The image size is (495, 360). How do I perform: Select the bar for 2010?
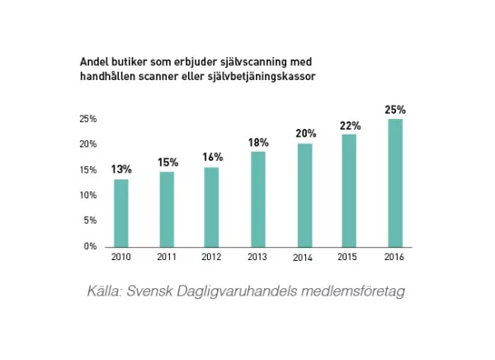coord(121,212)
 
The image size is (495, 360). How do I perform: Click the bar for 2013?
coord(258,199)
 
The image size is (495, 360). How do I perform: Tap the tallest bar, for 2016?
coord(395,182)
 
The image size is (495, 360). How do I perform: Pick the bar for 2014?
coord(304,195)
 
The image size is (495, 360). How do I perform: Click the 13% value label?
coord(121,169)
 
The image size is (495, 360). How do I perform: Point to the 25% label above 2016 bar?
coord(395,109)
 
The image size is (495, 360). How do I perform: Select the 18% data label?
coord(258,143)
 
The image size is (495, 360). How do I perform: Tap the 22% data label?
coord(350,126)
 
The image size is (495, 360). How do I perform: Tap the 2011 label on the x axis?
coord(167,258)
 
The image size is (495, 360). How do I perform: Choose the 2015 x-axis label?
coord(350,258)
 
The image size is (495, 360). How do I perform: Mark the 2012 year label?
coord(213,258)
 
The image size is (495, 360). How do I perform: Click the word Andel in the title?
coord(92,63)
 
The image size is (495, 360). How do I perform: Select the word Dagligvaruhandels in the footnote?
coord(238,293)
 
